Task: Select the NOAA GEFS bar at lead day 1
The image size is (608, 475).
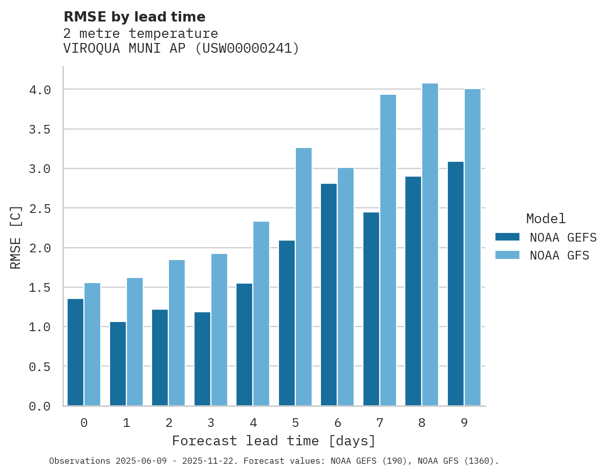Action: click(x=118, y=363)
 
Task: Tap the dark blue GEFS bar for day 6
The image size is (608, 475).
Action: click(x=329, y=294)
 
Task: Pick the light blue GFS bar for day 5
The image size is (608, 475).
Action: click(x=303, y=276)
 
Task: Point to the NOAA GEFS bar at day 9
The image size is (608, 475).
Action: click(x=455, y=284)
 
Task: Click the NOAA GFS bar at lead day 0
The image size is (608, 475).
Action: click(x=93, y=344)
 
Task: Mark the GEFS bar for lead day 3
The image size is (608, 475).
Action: click(x=202, y=358)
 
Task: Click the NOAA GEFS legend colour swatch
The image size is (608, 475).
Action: click(x=507, y=237)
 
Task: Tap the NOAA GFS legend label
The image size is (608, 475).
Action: click(x=559, y=255)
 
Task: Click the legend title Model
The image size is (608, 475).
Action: click(x=546, y=219)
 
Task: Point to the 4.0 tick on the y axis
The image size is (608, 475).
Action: click(x=40, y=90)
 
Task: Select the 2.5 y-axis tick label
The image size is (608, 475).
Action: click(x=40, y=209)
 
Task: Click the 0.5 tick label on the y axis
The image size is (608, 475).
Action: click(x=40, y=367)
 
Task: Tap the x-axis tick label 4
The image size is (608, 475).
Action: click(x=253, y=423)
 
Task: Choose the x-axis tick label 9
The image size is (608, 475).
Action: click(x=464, y=423)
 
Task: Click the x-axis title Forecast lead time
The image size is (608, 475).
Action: click(x=274, y=441)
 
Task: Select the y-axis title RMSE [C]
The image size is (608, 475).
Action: click(x=16, y=237)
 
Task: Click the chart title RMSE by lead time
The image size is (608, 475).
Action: click(x=134, y=17)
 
